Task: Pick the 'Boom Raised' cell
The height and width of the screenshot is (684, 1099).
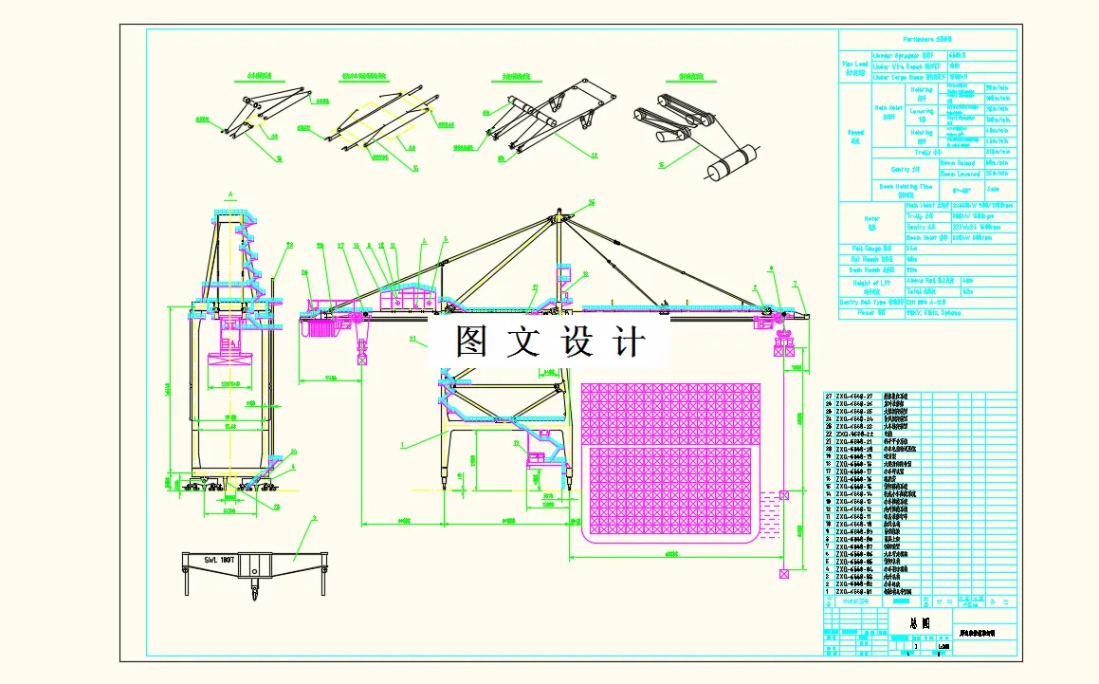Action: coord(960,162)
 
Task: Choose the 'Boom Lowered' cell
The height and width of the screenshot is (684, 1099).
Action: coord(960,174)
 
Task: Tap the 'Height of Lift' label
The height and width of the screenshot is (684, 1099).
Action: coord(871,286)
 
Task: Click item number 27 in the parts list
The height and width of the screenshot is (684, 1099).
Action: coord(828,396)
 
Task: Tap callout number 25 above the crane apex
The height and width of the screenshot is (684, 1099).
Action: coord(592,202)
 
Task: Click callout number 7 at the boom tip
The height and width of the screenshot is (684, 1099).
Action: coord(795,284)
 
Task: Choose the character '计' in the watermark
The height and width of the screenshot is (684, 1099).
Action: coord(628,342)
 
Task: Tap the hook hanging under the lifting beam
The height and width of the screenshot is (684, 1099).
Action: coord(253,595)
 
